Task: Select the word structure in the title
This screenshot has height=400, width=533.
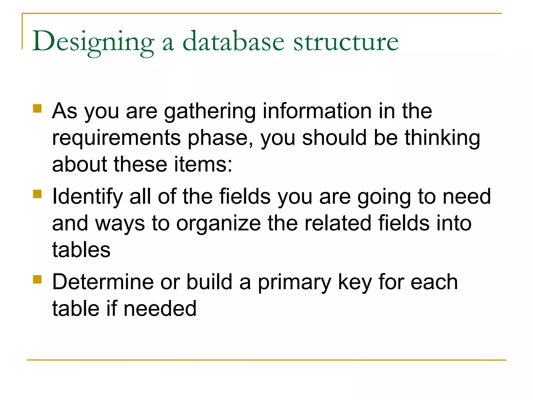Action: (x=346, y=42)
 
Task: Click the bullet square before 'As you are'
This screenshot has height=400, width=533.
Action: (x=37, y=109)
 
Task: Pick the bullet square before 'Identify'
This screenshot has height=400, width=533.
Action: (x=37, y=194)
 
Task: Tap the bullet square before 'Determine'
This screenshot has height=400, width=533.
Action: (x=37, y=279)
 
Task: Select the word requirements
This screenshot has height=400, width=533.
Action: (x=116, y=138)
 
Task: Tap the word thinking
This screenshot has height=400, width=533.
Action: (x=442, y=138)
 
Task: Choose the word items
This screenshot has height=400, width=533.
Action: (x=203, y=164)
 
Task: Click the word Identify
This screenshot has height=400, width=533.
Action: (x=87, y=197)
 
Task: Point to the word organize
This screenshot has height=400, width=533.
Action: (x=218, y=224)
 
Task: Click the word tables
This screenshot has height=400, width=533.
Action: (x=81, y=250)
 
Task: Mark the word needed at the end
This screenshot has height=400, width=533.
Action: (x=160, y=309)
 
